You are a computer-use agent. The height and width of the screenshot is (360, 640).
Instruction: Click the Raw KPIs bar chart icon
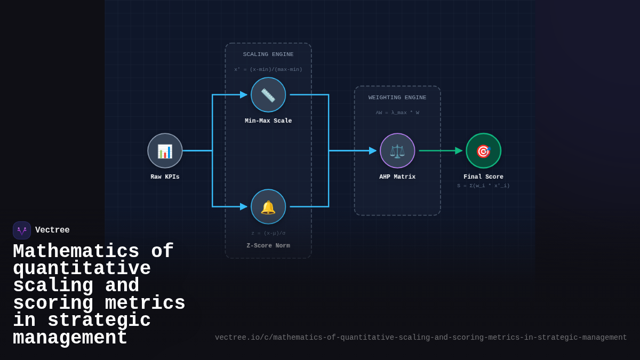(165, 151)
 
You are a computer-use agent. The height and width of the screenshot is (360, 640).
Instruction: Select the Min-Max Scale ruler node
(268, 95)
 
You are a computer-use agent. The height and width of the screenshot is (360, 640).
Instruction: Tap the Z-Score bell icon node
(268, 207)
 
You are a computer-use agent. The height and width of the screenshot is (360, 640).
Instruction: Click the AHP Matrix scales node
(397, 151)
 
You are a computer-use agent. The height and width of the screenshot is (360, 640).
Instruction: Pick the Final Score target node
(483, 151)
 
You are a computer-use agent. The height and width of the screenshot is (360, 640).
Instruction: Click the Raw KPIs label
(165, 177)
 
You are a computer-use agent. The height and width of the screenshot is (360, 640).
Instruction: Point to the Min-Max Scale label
(268, 121)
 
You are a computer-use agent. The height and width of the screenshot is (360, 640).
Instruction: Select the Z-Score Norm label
(268, 246)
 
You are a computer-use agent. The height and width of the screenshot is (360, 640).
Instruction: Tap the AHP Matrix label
(397, 177)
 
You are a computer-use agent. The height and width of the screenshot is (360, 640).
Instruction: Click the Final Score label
(483, 177)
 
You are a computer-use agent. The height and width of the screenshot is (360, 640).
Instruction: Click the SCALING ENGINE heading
(268, 54)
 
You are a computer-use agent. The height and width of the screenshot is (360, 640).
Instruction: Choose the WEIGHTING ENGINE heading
(397, 98)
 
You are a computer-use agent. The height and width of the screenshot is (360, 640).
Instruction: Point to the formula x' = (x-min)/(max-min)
(268, 69)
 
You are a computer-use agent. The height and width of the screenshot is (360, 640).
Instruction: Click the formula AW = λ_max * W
(397, 113)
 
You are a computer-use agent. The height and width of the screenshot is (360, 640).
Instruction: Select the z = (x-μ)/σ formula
(268, 233)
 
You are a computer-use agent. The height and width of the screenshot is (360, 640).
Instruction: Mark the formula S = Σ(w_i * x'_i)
(483, 186)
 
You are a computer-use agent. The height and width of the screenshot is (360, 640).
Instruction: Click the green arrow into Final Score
(441, 151)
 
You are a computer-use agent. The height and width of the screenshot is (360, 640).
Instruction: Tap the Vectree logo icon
(22, 230)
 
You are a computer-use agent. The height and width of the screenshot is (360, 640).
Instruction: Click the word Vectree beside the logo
(52, 230)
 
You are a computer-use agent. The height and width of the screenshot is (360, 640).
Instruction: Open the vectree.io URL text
(421, 338)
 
